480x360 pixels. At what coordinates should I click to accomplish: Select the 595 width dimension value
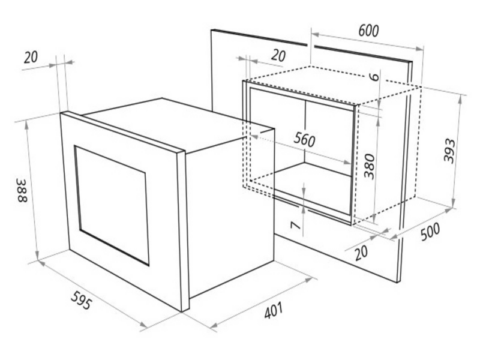click(81, 300)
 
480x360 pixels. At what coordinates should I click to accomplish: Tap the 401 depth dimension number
click(273, 311)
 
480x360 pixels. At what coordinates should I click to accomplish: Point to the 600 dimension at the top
click(368, 31)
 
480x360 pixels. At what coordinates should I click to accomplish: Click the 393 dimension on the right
click(449, 151)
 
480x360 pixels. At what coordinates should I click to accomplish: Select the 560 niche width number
click(304, 140)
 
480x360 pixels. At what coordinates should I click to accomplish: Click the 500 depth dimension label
click(430, 232)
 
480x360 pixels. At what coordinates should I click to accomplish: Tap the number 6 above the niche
click(374, 76)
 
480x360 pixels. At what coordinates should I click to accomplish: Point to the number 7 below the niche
click(295, 226)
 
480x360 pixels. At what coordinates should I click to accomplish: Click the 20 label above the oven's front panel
click(31, 57)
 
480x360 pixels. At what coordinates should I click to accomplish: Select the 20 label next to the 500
click(361, 253)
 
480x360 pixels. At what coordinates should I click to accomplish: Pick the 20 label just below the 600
click(278, 55)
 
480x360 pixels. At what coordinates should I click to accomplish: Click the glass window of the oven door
click(112, 205)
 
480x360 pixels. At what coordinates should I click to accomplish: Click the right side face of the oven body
click(230, 211)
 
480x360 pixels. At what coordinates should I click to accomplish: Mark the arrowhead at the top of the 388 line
click(28, 123)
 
